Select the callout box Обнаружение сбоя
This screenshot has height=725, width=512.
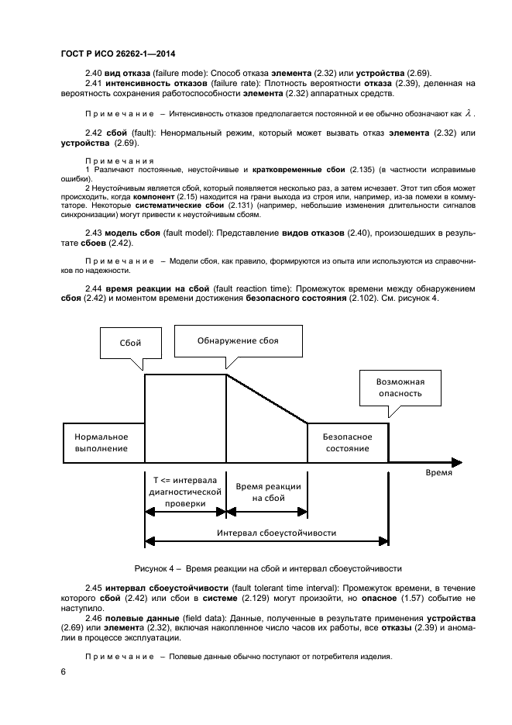238,340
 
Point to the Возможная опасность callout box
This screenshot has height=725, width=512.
399,387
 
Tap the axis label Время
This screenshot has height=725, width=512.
438,471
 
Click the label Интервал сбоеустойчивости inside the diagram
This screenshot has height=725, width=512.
266,533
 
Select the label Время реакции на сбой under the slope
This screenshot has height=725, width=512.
266,491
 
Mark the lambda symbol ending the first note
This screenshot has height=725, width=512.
466,113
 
